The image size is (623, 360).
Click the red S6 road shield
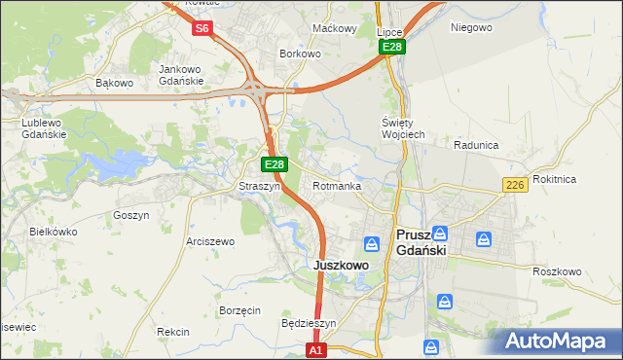coord(202,28)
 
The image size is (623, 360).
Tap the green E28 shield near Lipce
coord(392,47)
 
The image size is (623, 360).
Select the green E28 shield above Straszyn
coord(275,165)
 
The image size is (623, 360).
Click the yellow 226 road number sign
coord(516,185)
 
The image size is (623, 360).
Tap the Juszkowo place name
coord(340,265)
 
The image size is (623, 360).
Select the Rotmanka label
coord(337,186)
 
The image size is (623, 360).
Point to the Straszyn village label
coord(260,186)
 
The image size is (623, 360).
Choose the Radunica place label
coord(476,145)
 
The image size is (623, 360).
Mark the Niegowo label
coord(471,27)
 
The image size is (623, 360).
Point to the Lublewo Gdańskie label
coord(44,129)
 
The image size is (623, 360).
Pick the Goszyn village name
coord(130,215)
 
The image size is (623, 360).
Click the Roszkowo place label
coord(557,271)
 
